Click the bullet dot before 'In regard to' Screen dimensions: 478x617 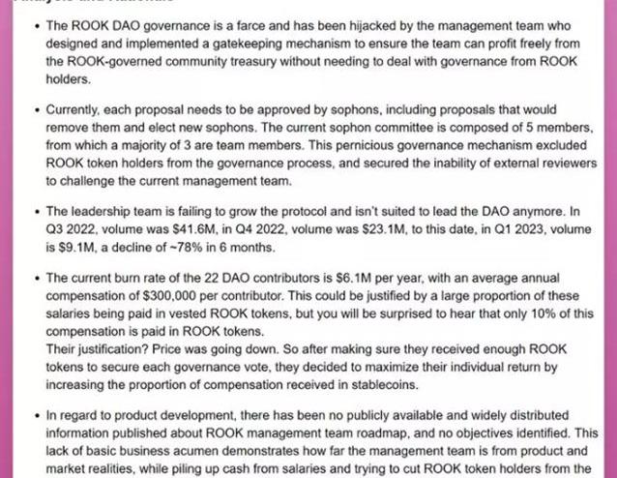35,417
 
